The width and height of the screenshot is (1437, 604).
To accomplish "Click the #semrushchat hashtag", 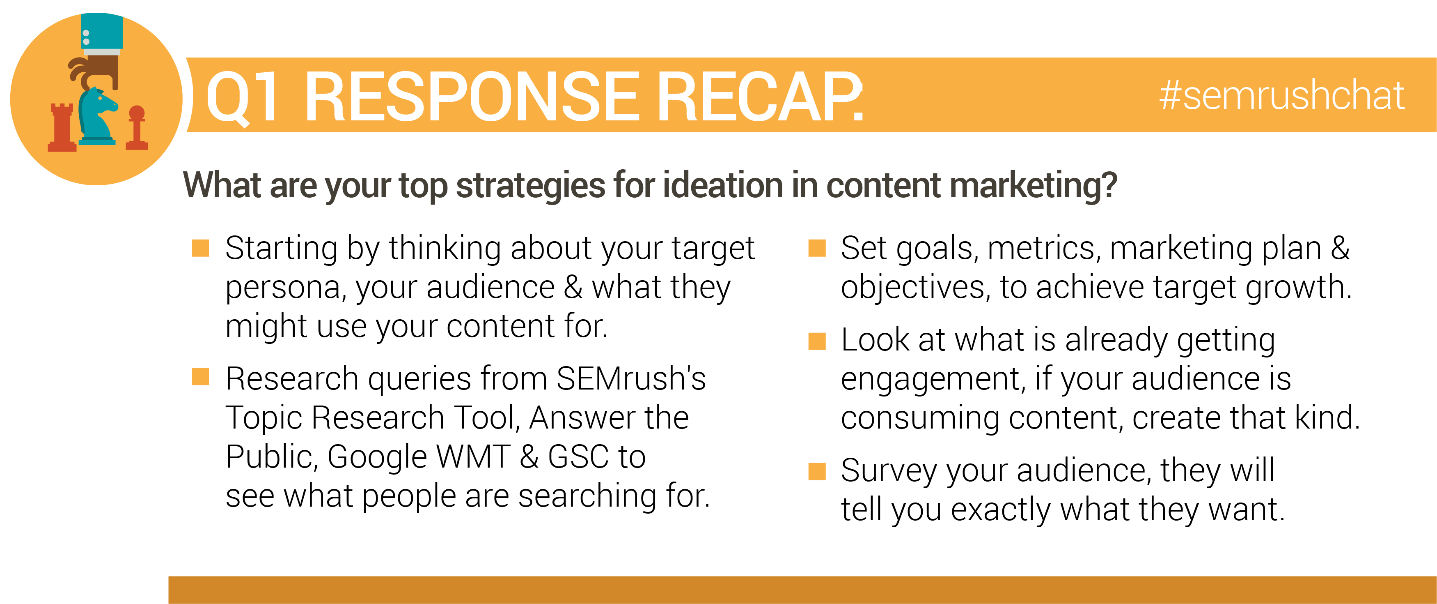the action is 1281,95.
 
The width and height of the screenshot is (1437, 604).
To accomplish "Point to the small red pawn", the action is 137,127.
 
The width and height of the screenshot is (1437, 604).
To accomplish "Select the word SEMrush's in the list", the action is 631,378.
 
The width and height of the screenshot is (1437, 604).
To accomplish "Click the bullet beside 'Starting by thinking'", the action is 200,248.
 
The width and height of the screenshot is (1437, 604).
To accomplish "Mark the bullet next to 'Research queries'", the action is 200,377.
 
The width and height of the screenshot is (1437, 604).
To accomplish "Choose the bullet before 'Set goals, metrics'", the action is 817,248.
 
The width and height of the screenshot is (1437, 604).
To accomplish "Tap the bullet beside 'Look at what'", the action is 817,341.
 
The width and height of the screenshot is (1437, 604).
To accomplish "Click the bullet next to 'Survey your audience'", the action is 817,471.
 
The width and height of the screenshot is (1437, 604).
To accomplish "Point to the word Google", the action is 377,458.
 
